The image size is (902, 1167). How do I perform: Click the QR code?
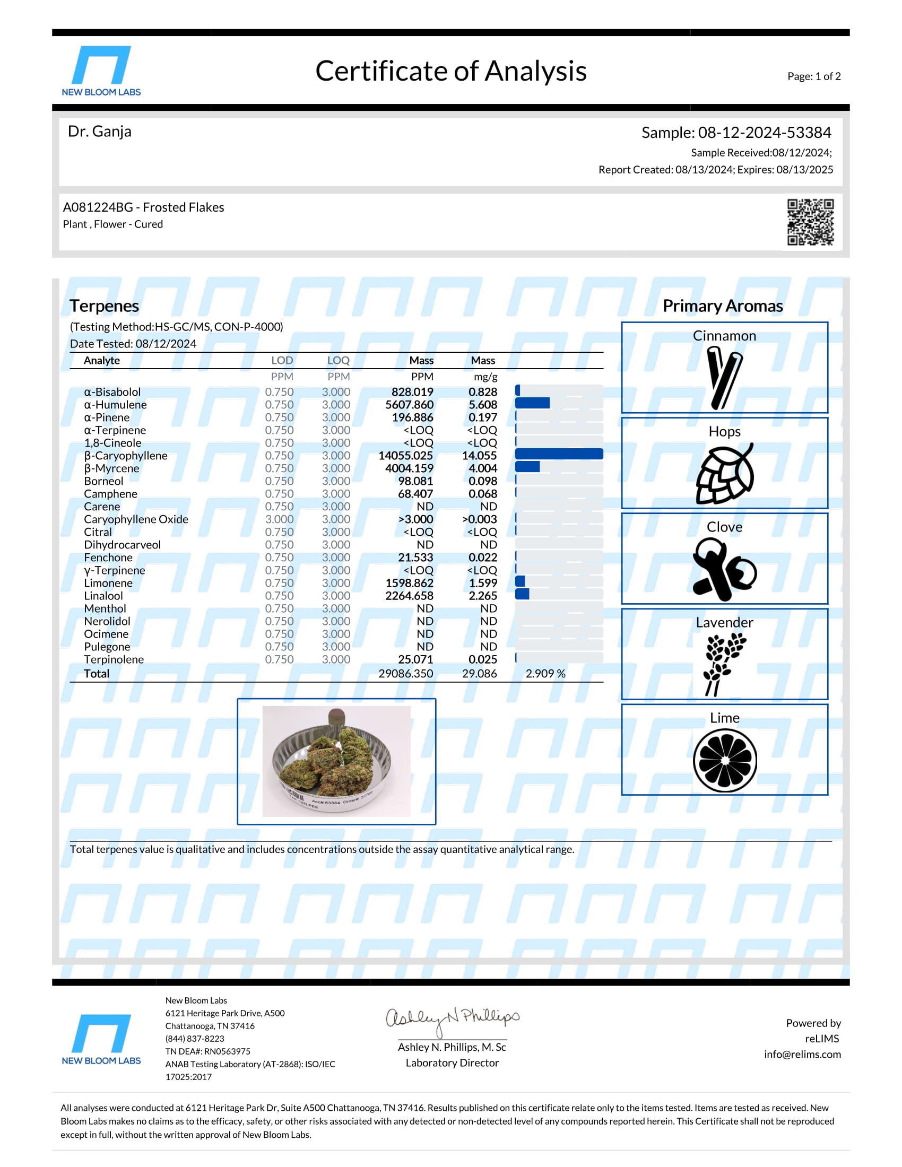tap(810, 222)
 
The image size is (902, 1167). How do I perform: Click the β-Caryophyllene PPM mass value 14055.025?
tap(405, 456)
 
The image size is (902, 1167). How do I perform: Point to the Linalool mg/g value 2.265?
tap(482, 596)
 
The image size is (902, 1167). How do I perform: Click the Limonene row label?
tap(108, 583)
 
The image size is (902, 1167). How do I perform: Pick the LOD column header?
tap(282, 360)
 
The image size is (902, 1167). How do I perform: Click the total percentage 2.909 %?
tap(545, 673)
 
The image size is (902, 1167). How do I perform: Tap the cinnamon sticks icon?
tap(724, 377)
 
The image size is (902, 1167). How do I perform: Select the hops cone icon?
tap(725, 473)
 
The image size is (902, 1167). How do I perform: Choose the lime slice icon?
tap(725, 760)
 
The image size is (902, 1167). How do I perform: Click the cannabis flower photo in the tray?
tap(336, 761)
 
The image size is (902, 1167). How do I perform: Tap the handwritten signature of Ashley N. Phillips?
tap(452, 1020)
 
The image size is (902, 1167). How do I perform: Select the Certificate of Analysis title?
tap(450, 71)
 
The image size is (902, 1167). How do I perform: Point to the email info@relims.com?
tap(802, 1054)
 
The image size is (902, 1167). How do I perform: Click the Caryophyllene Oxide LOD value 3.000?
tap(279, 519)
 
